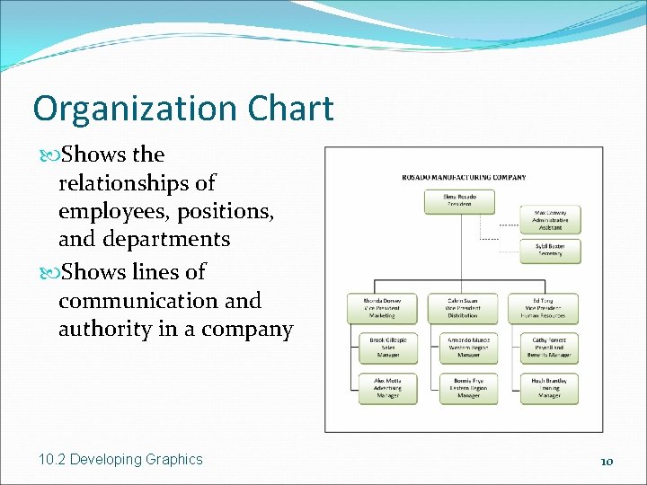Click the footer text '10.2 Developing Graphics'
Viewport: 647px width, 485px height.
[x=121, y=460]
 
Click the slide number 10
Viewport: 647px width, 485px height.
[x=607, y=461]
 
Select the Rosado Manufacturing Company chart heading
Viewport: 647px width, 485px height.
[x=464, y=177]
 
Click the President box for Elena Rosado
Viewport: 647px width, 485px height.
[x=459, y=201]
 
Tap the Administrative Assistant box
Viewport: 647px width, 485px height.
[x=550, y=219]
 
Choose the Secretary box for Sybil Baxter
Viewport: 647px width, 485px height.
[x=550, y=250]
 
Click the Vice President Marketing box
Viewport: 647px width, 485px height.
[x=381, y=309]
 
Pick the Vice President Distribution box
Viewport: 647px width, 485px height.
[x=462, y=309]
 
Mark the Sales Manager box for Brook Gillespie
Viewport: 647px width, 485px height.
[x=381, y=348]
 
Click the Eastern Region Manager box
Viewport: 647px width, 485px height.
[x=462, y=388]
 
